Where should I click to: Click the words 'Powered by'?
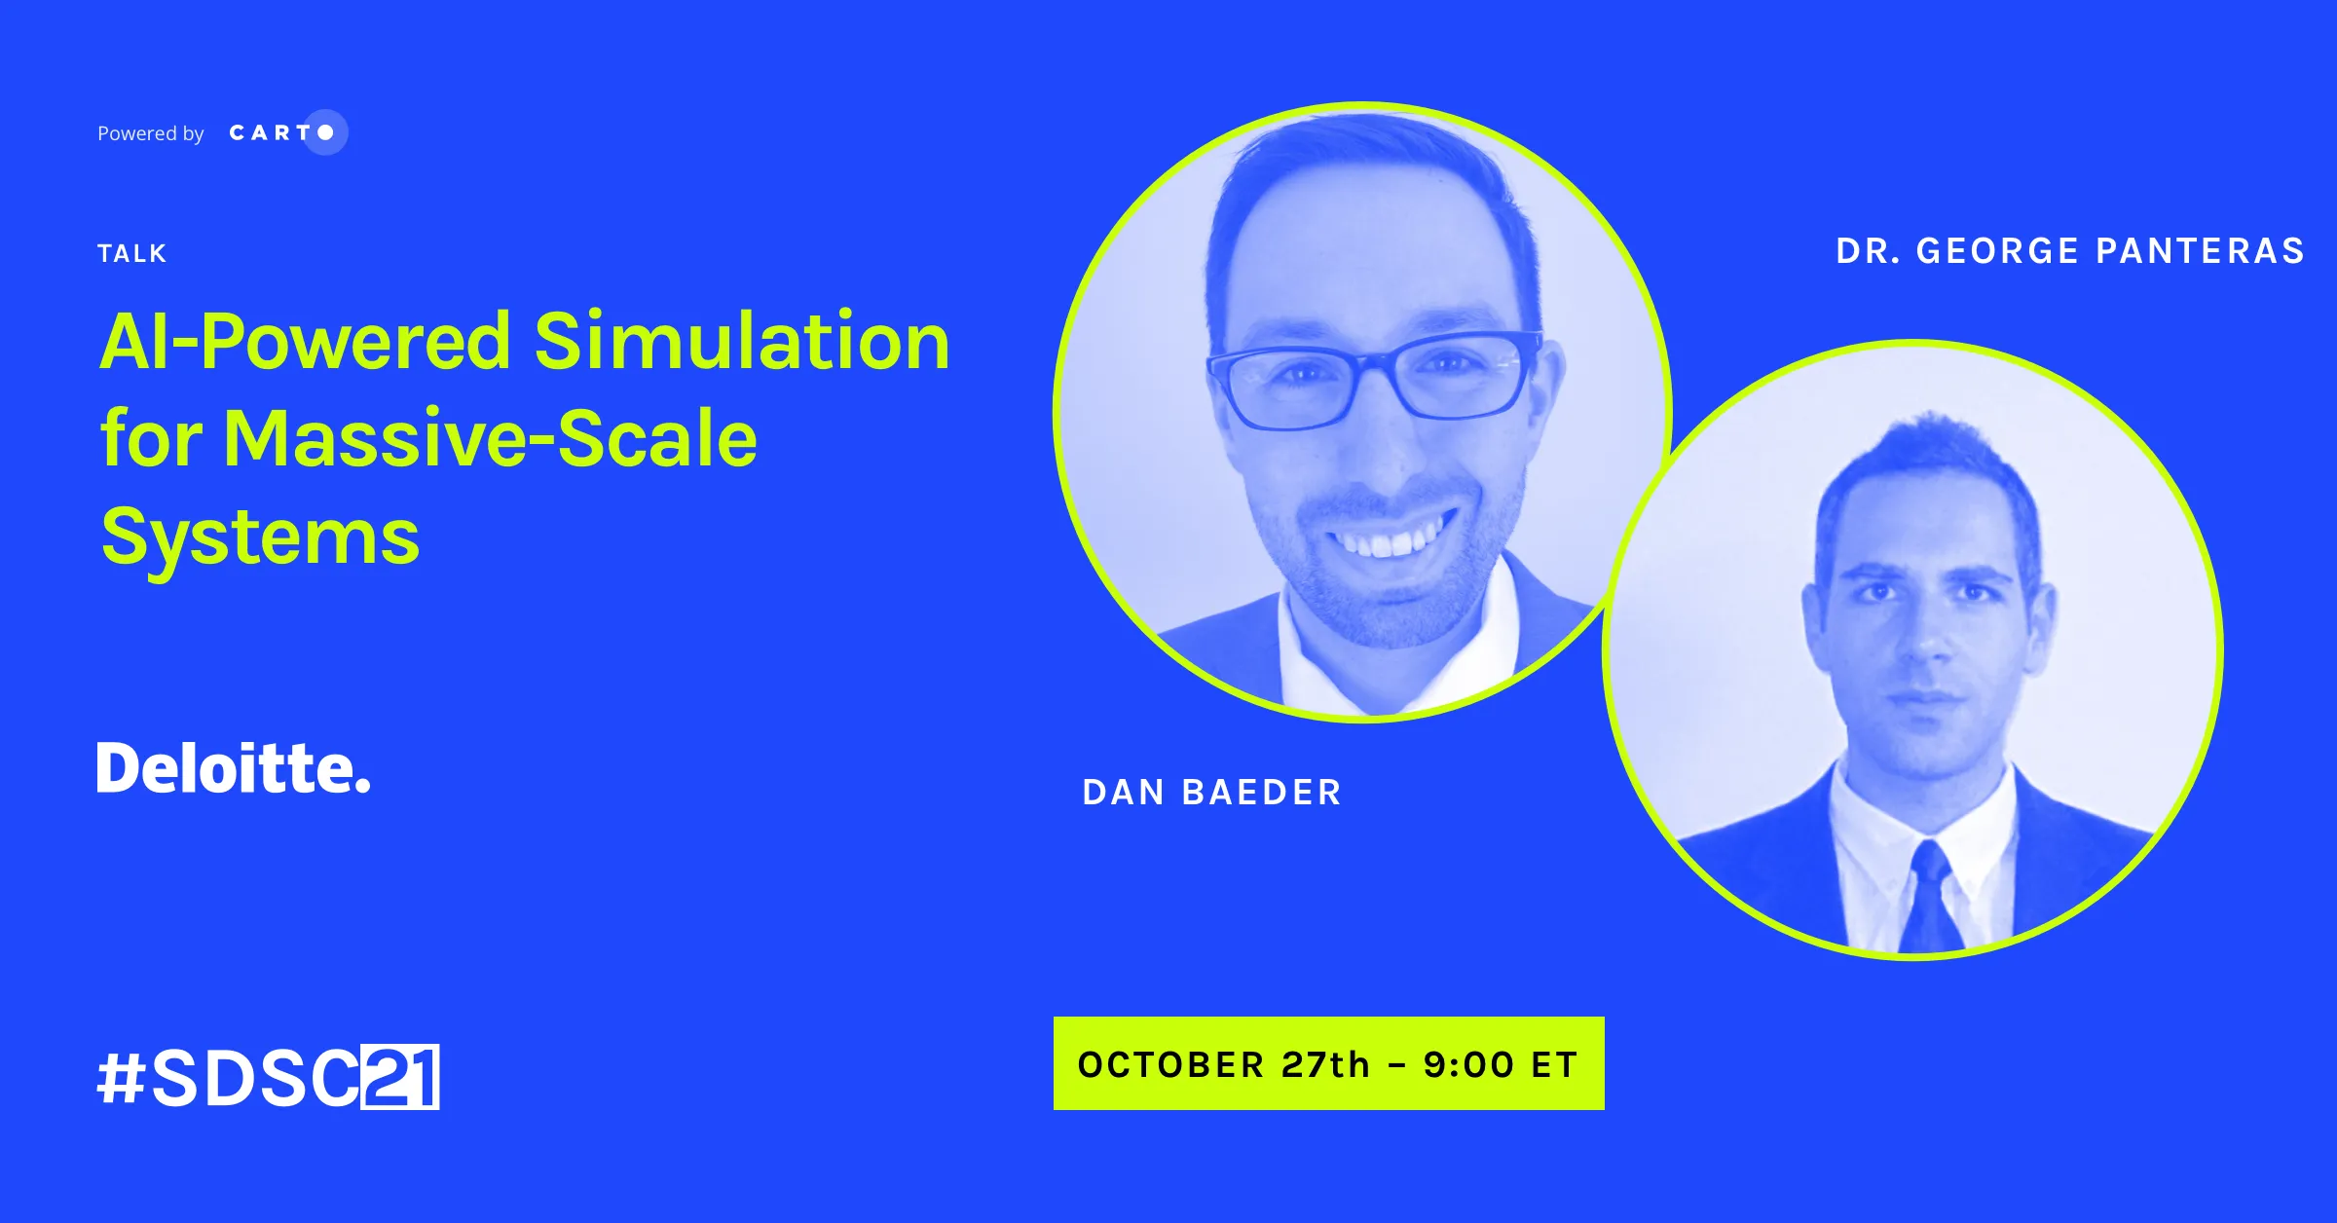(x=151, y=133)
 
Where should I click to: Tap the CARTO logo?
(x=288, y=132)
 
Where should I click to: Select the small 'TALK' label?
(x=132, y=254)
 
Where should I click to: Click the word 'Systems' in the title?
(x=260, y=537)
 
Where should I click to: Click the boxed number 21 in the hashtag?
(x=400, y=1077)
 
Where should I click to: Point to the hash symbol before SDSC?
(x=122, y=1078)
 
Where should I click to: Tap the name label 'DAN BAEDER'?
(x=1212, y=793)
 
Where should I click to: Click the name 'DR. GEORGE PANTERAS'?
(x=2070, y=251)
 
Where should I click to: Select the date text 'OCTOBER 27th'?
(x=1224, y=1064)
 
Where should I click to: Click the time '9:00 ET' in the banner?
(x=1501, y=1064)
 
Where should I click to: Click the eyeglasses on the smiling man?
(x=1375, y=378)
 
